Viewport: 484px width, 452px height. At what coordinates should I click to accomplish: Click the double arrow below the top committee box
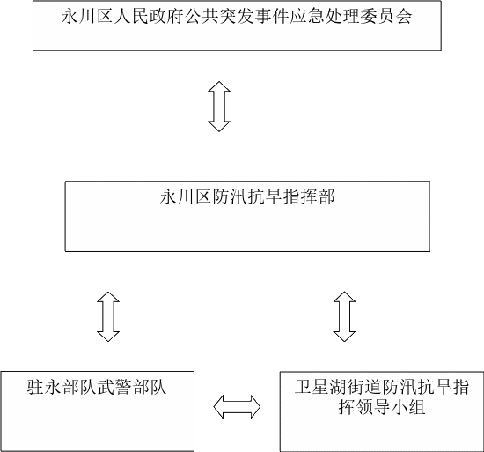tap(219, 107)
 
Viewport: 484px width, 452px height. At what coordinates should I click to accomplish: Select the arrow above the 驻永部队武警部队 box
tap(108, 316)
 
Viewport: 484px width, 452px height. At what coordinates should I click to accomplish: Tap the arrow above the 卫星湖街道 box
tap(344, 316)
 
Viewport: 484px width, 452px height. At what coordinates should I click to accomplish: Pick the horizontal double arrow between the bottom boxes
tap(237, 407)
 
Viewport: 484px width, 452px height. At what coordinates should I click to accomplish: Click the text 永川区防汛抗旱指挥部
tap(247, 196)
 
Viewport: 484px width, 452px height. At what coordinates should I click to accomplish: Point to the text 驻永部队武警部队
tap(97, 387)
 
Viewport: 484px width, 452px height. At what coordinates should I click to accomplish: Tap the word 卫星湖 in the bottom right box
tap(320, 387)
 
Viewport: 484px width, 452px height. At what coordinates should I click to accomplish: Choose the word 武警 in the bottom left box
tap(114, 387)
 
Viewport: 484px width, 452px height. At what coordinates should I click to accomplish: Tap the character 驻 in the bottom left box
tap(36, 387)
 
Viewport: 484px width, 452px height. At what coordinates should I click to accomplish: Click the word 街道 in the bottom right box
tap(364, 387)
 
